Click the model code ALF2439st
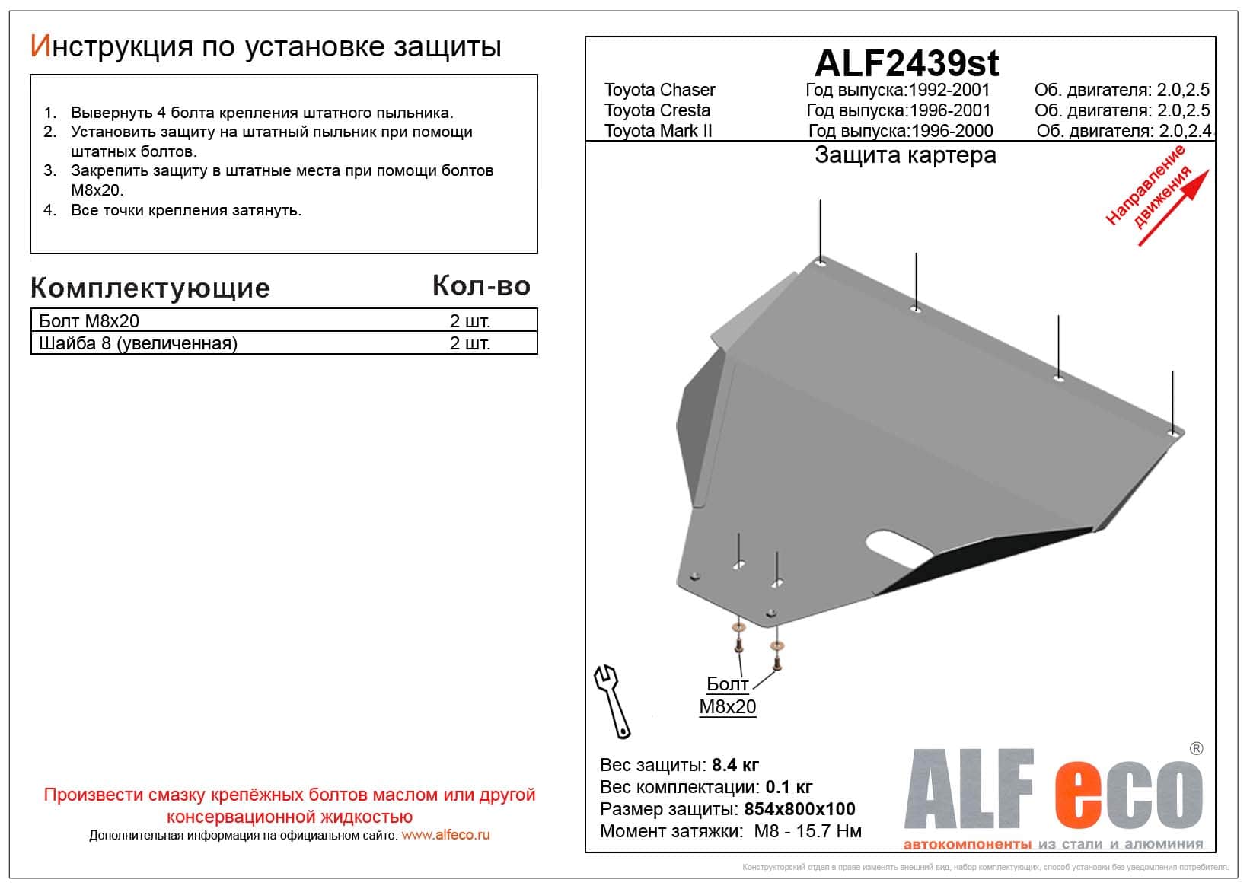907,63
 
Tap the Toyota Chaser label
659,90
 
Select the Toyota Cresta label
657,110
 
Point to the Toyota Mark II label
658,131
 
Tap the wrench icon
613,699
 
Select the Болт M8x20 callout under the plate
728,695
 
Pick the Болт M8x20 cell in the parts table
89,321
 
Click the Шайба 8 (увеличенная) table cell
138,343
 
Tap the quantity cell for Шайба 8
470,343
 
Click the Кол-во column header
481,286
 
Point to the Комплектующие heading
150,288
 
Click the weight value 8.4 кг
735,765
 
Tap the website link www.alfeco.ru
445,835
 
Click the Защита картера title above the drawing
905,155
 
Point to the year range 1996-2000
951,131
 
